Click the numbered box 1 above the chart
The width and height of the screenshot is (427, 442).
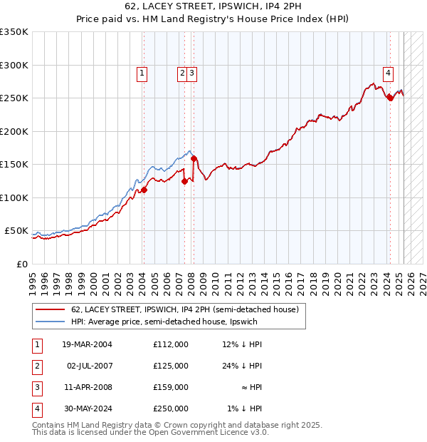tap(142, 72)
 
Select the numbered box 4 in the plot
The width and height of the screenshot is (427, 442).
tap(389, 72)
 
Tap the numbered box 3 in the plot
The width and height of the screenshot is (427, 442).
tap(193, 72)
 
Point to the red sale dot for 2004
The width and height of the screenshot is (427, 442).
tap(144, 190)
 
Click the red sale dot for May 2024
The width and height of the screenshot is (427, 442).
tap(389, 98)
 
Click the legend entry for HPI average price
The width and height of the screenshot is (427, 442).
tap(165, 322)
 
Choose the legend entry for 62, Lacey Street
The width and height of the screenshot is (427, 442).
tap(188, 309)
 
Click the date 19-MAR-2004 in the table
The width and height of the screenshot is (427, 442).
tap(87, 344)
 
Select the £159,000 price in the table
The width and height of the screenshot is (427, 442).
tap(170, 387)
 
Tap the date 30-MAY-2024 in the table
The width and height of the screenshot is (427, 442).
tap(87, 408)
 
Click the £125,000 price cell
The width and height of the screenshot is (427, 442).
tap(170, 366)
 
